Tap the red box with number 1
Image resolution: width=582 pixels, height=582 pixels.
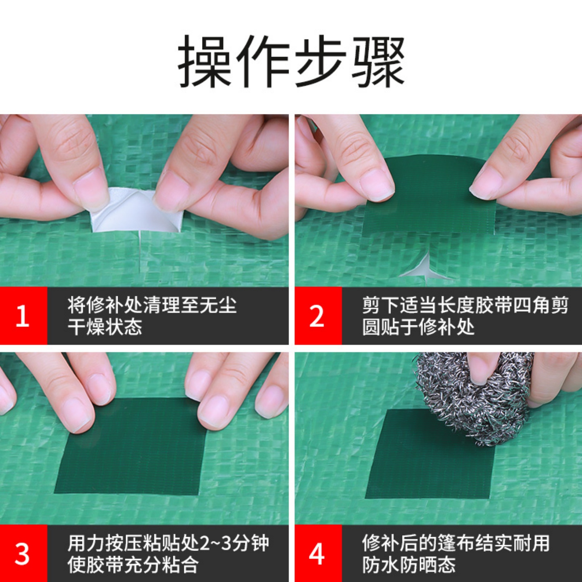pyautogui.click(x=23, y=316)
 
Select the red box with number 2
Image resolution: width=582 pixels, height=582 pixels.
pyautogui.click(x=318, y=316)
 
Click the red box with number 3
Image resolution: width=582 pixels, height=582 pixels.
pyautogui.click(x=23, y=553)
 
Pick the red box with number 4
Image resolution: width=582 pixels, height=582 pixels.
pyautogui.click(x=318, y=553)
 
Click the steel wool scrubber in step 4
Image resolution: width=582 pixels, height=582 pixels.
pyautogui.click(x=473, y=396)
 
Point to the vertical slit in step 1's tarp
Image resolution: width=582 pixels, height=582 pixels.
pyautogui.click(x=139, y=255)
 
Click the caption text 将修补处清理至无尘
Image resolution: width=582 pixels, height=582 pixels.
pyautogui.click(x=152, y=305)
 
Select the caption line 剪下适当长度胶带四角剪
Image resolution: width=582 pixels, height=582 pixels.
pyautogui.click(x=465, y=305)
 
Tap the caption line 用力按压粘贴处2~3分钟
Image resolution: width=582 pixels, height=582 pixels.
pyautogui.click(x=168, y=543)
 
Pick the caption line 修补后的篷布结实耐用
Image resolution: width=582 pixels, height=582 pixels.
pyautogui.click(x=455, y=543)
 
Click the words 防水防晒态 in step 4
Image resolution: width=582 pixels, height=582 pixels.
pyautogui.click(x=409, y=565)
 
